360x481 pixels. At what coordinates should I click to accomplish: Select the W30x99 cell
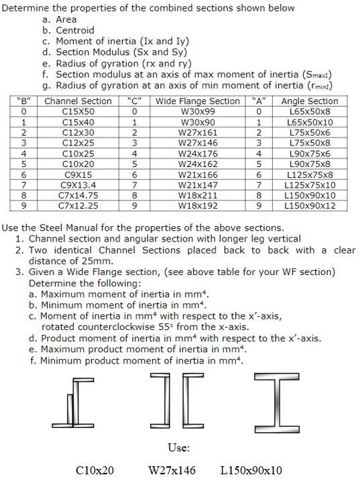tap(193, 112)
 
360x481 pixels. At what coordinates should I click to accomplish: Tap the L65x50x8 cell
tap(309, 112)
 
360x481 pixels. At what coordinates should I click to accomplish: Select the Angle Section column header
tap(310, 101)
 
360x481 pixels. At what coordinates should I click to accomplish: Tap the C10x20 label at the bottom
tap(96, 471)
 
